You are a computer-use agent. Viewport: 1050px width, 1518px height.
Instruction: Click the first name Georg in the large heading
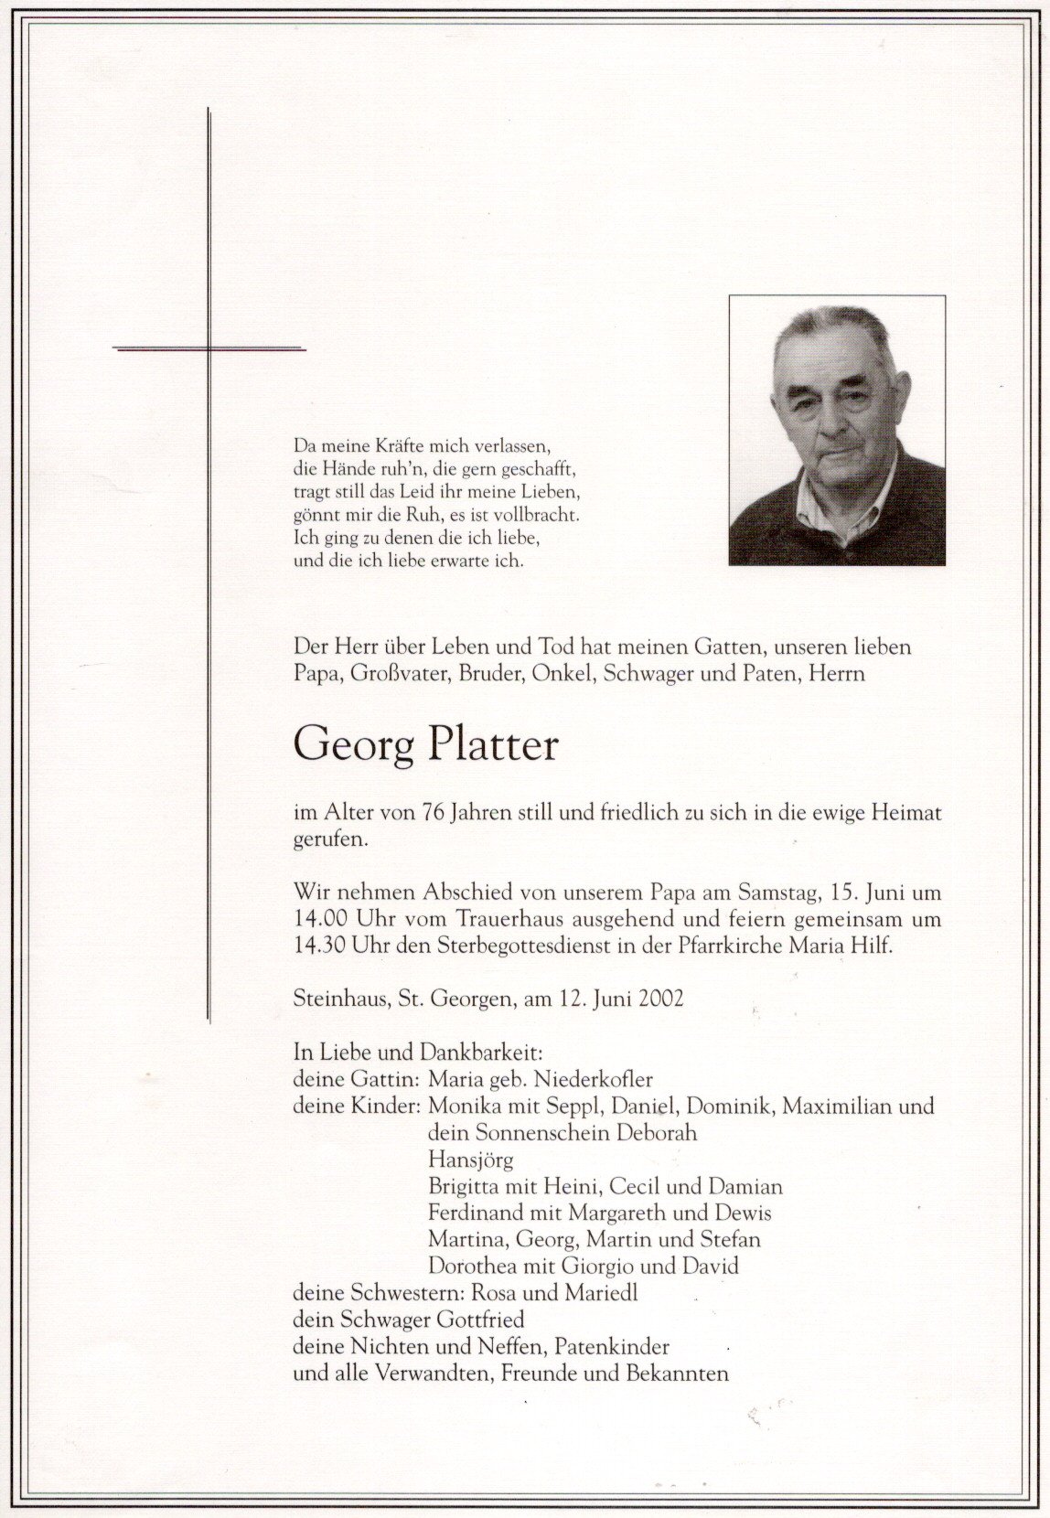tap(355, 748)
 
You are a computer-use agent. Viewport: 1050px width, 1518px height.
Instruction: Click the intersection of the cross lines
tap(209, 348)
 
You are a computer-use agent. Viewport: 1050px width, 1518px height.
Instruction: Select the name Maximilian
tap(848, 1106)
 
